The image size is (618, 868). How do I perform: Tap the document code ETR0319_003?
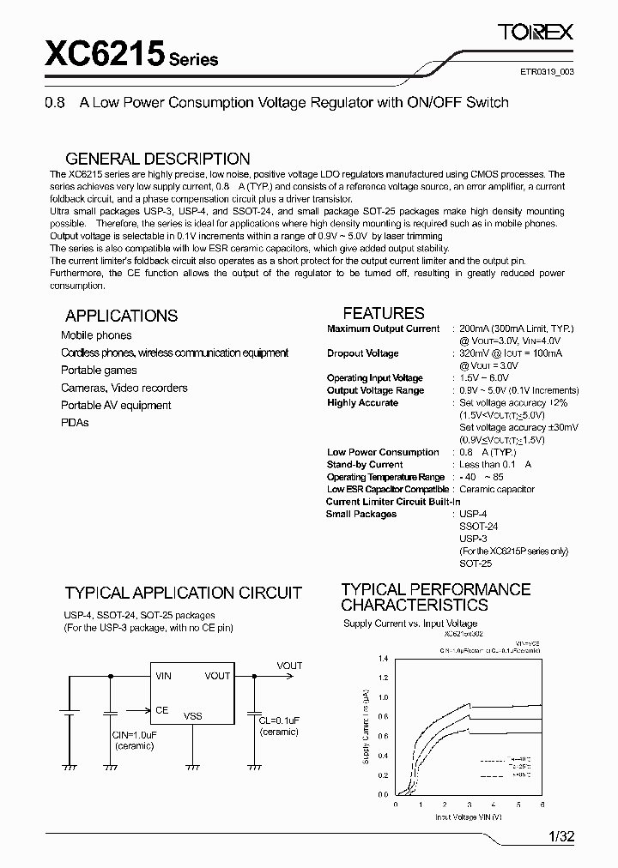pyautogui.click(x=548, y=73)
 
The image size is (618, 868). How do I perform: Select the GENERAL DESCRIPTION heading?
pyautogui.click(x=158, y=159)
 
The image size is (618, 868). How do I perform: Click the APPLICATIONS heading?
pyautogui.click(x=121, y=316)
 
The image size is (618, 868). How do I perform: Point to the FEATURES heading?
pyautogui.click(x=384, y=313)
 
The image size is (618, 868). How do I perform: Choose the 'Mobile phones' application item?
pyautogui.click(x=96, y=335)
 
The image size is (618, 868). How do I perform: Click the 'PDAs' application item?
pyautogui.click(x=75, y=423)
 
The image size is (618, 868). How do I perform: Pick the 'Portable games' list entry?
pyautogui.click(x=99, y=371)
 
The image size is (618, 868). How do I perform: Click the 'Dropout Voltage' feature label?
pyautogui.click(x=362, y=353)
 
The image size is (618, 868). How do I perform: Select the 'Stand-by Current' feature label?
pyautogui.click(x=365, y=464)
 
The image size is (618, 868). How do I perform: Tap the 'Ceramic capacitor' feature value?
pyautogui.click(x=497, y=489)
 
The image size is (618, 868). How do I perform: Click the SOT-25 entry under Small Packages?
pyautogui.click(x=476, y=564)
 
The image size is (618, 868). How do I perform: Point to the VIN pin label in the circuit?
pyautogui.click(x=163, y=676)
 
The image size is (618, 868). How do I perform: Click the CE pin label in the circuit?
pyautogui.click(x=162, y=710)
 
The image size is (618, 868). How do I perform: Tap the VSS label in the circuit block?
pyautogui.click(x=193, y=715)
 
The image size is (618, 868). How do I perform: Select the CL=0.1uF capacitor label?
pyautogui.click(x=279, y=721)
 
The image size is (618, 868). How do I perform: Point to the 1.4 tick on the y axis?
pyautogui.click(x=383, y=659)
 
